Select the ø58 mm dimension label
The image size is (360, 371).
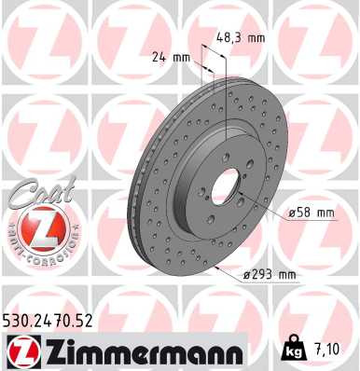(x=311, y=213)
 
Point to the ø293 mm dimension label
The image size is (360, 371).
(x=268, y=274)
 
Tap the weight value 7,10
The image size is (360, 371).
(x=327, y=351)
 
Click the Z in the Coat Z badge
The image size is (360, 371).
(x=34, y=227)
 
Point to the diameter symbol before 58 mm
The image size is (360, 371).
(x=292, y=213)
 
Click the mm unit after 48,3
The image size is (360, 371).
(x=256, y=38)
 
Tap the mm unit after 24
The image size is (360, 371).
(x=182, y=57)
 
